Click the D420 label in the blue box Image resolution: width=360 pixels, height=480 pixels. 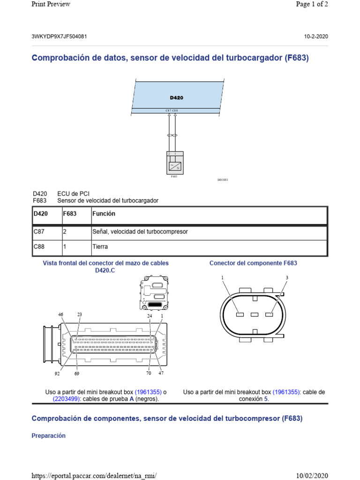pos(176,98)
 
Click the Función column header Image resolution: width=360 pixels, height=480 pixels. pos(104,214)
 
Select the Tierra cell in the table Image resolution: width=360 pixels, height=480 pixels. pos(100,247)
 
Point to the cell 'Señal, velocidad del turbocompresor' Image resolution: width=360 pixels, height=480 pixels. pos(140,232)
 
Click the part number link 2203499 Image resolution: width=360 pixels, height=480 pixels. pos(67,399)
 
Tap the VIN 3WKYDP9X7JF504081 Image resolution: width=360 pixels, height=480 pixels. pos(59,37)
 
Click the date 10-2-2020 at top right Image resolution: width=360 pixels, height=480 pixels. pos(316,37)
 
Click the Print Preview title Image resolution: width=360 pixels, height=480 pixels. pos(51,4)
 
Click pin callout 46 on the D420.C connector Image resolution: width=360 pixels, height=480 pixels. pos(60,315)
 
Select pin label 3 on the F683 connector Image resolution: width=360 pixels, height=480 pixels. pos(286,278)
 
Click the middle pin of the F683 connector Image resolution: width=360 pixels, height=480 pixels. pos(255,315)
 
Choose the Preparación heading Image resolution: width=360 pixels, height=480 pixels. pos(48,435)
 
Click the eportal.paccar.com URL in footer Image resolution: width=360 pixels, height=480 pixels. pos(93,476)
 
